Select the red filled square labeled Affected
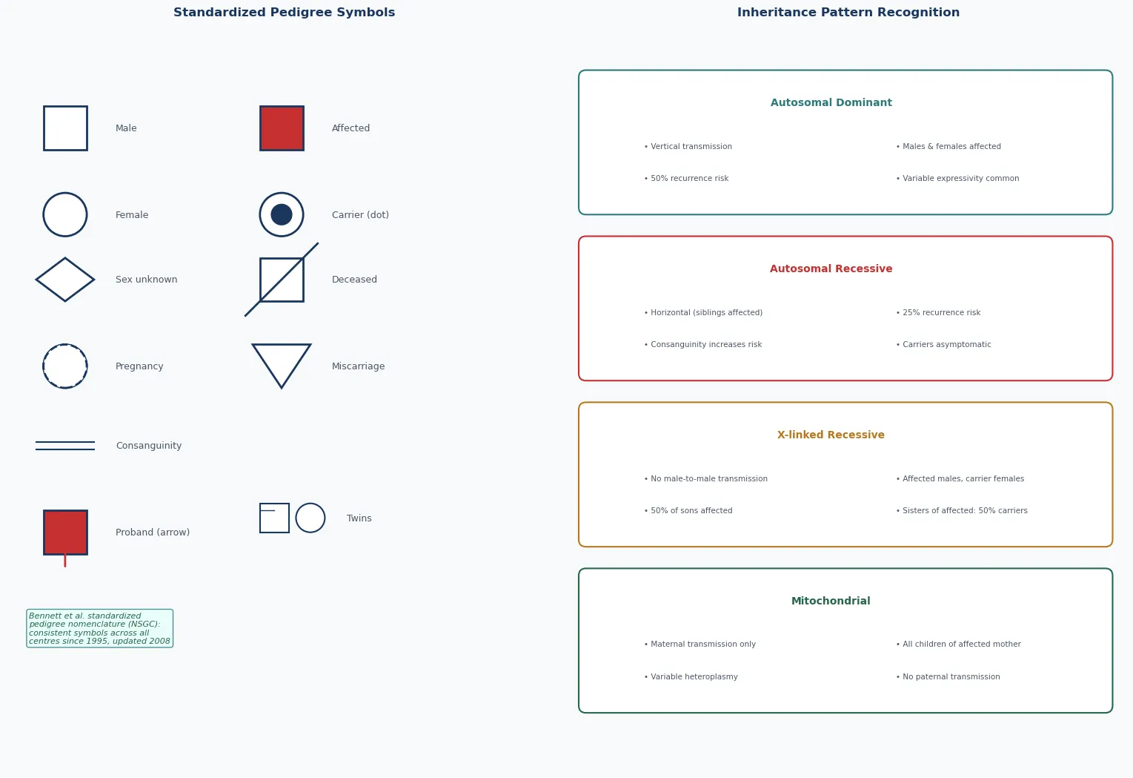click(282, 128)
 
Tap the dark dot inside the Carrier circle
click(282, 214)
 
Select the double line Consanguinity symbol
click(65, 442)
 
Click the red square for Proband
click(65, 532)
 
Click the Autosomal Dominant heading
click(831, 103)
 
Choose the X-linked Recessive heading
click(831, 435)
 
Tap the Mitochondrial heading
click(831, 601)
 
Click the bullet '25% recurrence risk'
click(938, 312)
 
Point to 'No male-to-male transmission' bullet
click(705, 478)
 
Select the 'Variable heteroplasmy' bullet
click(691, 676)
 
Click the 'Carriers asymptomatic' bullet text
click(943, 344)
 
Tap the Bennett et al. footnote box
click(99, 628)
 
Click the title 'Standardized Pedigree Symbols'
click(285, 13)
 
